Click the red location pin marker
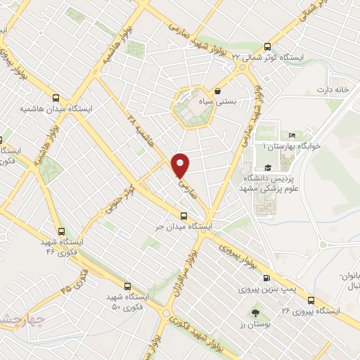[181, 164]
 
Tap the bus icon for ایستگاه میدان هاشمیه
[56, 99]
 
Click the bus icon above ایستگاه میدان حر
[184, 216]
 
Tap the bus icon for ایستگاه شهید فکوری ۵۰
[127, 285]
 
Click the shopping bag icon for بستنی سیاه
[218, 91]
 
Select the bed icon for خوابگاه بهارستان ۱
[292, 136]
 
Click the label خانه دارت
[333, 90]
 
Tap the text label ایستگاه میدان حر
[184, 228]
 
